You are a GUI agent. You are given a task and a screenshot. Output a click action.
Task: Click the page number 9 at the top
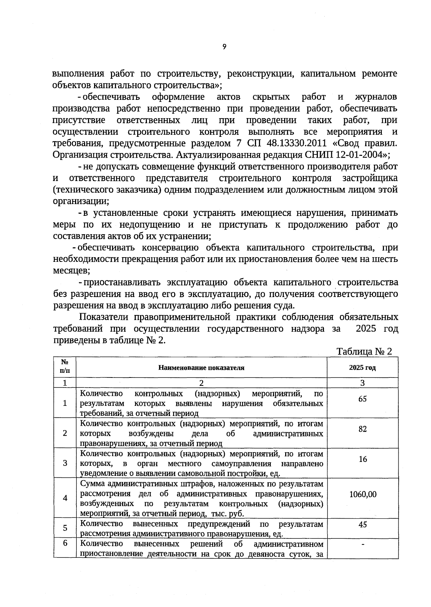[224, 47]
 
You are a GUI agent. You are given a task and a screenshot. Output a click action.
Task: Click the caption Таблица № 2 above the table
[364, 351]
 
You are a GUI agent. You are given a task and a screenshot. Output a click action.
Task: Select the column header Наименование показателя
[201, 368]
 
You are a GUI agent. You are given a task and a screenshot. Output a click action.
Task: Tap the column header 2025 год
[362, 368]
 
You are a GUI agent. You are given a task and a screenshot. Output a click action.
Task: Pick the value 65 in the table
[362, 399]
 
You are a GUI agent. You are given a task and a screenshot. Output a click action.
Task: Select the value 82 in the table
[362, 429]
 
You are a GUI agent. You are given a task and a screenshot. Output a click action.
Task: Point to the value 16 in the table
[363, 459]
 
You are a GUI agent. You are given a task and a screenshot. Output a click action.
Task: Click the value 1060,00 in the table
[363, 494]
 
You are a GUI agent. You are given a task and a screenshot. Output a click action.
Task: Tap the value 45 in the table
[362, 524]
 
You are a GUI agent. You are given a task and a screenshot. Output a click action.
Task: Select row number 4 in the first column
[65, 498]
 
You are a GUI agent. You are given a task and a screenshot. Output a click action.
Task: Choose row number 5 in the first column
[65, 528]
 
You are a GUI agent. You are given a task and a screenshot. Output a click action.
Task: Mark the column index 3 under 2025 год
[362, 383]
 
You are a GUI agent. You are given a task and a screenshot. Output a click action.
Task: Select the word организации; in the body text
[81, 201]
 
